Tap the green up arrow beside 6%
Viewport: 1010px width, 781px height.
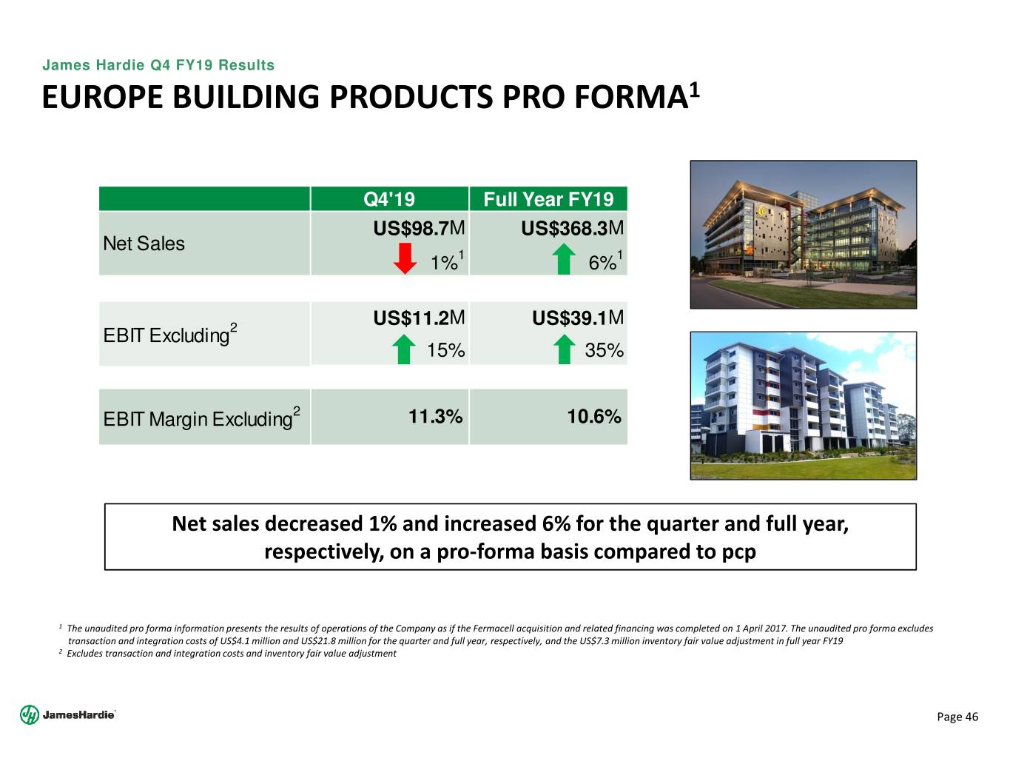565,260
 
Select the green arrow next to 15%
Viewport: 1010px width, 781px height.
403,349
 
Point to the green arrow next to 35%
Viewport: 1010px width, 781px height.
565,349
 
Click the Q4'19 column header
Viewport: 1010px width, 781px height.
389,199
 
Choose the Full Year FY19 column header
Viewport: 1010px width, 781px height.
548,199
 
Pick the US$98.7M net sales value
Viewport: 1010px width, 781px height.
419,229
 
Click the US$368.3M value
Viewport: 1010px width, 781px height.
573,229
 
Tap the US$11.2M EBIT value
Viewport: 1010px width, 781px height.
419,318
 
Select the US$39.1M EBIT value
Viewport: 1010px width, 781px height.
578,318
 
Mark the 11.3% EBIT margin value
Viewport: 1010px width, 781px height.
435,417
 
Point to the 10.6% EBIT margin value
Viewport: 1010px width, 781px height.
593,417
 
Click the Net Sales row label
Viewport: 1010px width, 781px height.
144,244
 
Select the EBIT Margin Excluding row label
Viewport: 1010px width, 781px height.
198,419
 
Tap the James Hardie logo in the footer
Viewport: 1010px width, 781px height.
67,715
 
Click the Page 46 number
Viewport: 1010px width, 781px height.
957,717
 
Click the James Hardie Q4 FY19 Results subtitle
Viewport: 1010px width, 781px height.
158,65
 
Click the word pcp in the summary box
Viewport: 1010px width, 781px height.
739,552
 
